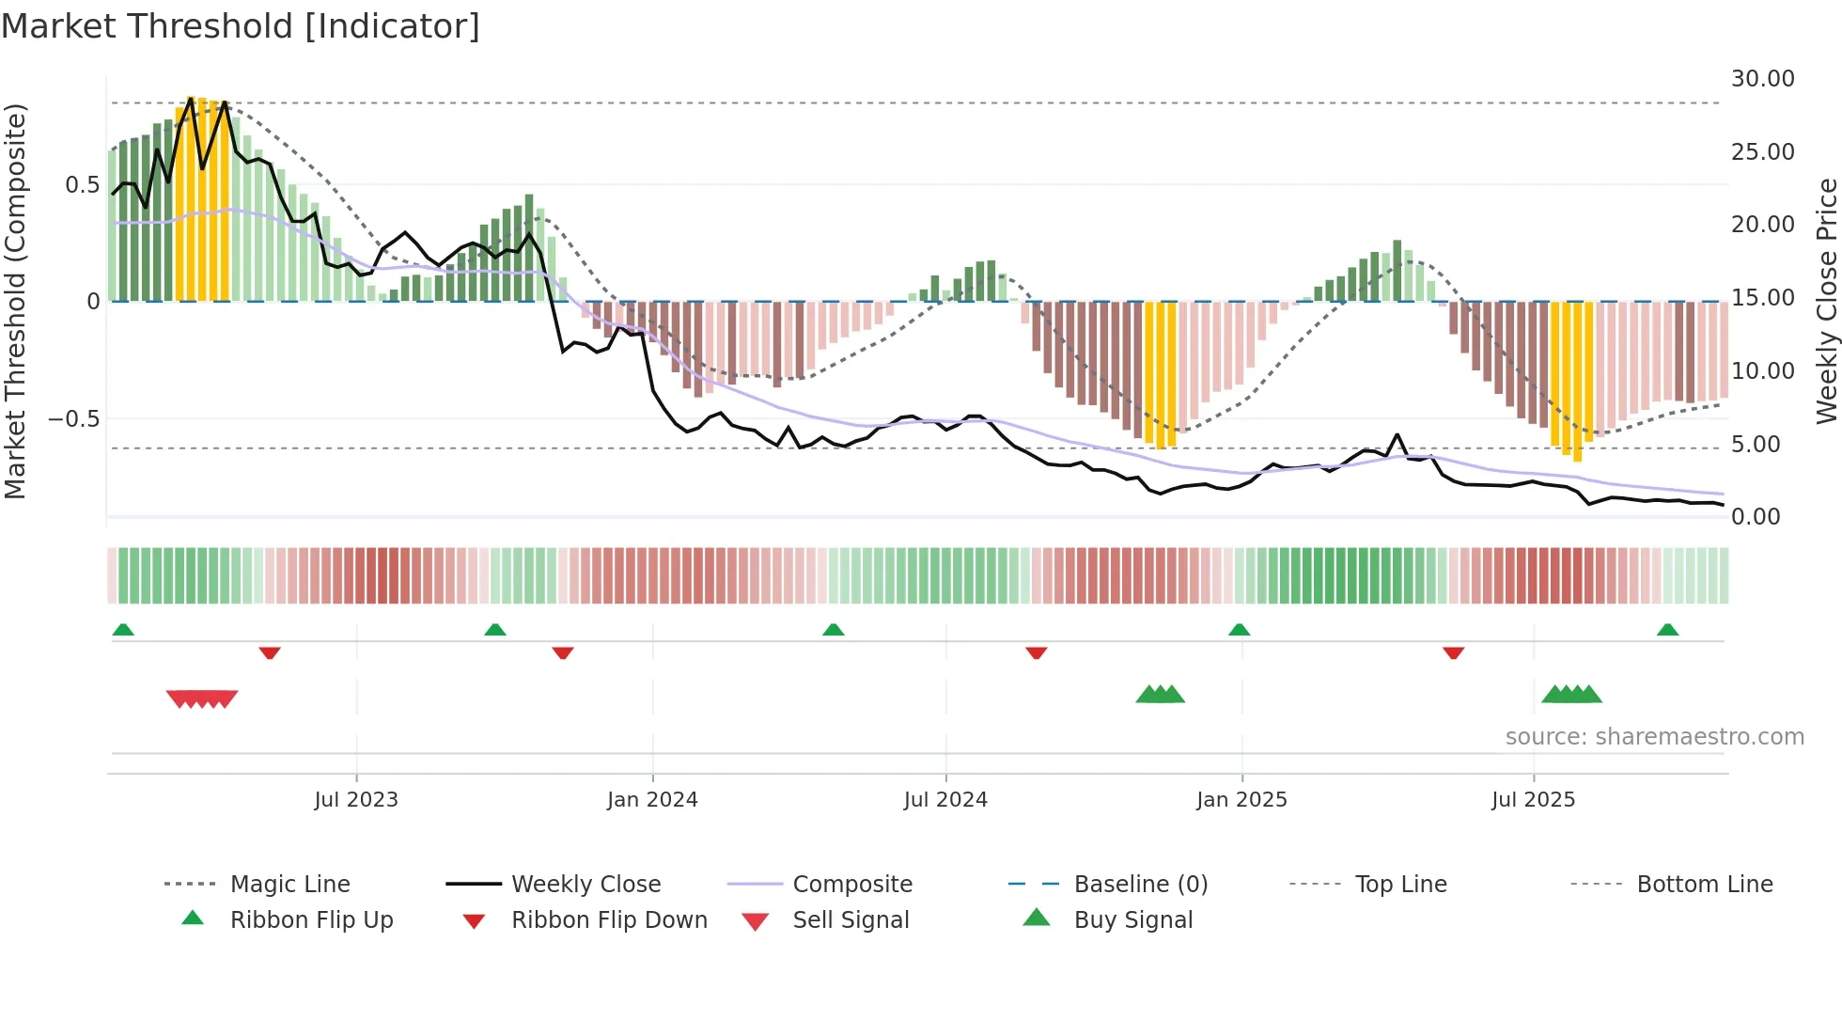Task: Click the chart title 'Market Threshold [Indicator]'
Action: tap(241, 26)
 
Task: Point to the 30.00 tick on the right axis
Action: tap(1762, 79)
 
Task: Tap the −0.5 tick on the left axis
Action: tap(74, 418)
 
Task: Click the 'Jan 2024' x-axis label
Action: tap(652, 799)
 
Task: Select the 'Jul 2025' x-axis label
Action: tap(1533, 799)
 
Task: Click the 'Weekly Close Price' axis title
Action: tap(1826, 301)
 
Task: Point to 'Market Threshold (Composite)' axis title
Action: tap(16, 301)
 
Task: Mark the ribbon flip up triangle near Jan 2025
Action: tap(1239, 630)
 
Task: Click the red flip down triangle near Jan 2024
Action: tap(563, 652)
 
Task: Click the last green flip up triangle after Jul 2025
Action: tap(1667, 630)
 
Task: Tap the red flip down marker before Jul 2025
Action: tap(1453, 652)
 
